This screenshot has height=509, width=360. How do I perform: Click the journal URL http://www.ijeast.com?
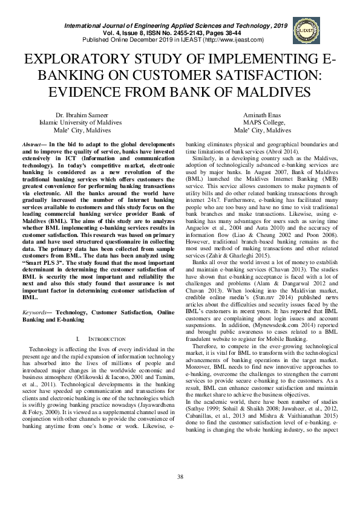coord(233,40)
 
